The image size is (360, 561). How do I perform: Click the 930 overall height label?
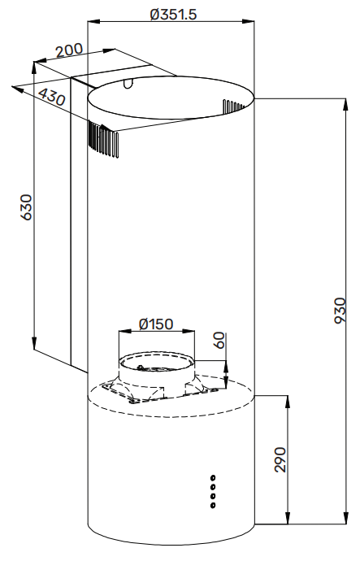click(340, 312)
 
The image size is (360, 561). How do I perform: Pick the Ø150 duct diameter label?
click(156, 324)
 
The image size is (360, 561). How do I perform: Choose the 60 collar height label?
click(218, 341)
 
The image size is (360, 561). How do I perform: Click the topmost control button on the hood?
click(213, 477)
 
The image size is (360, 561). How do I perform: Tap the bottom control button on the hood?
click(213, 506)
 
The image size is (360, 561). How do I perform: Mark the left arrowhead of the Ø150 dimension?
click(122, 331)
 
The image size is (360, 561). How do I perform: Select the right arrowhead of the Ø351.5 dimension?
click(254, 22)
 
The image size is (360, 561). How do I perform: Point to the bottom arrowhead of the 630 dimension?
click(35, 345)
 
